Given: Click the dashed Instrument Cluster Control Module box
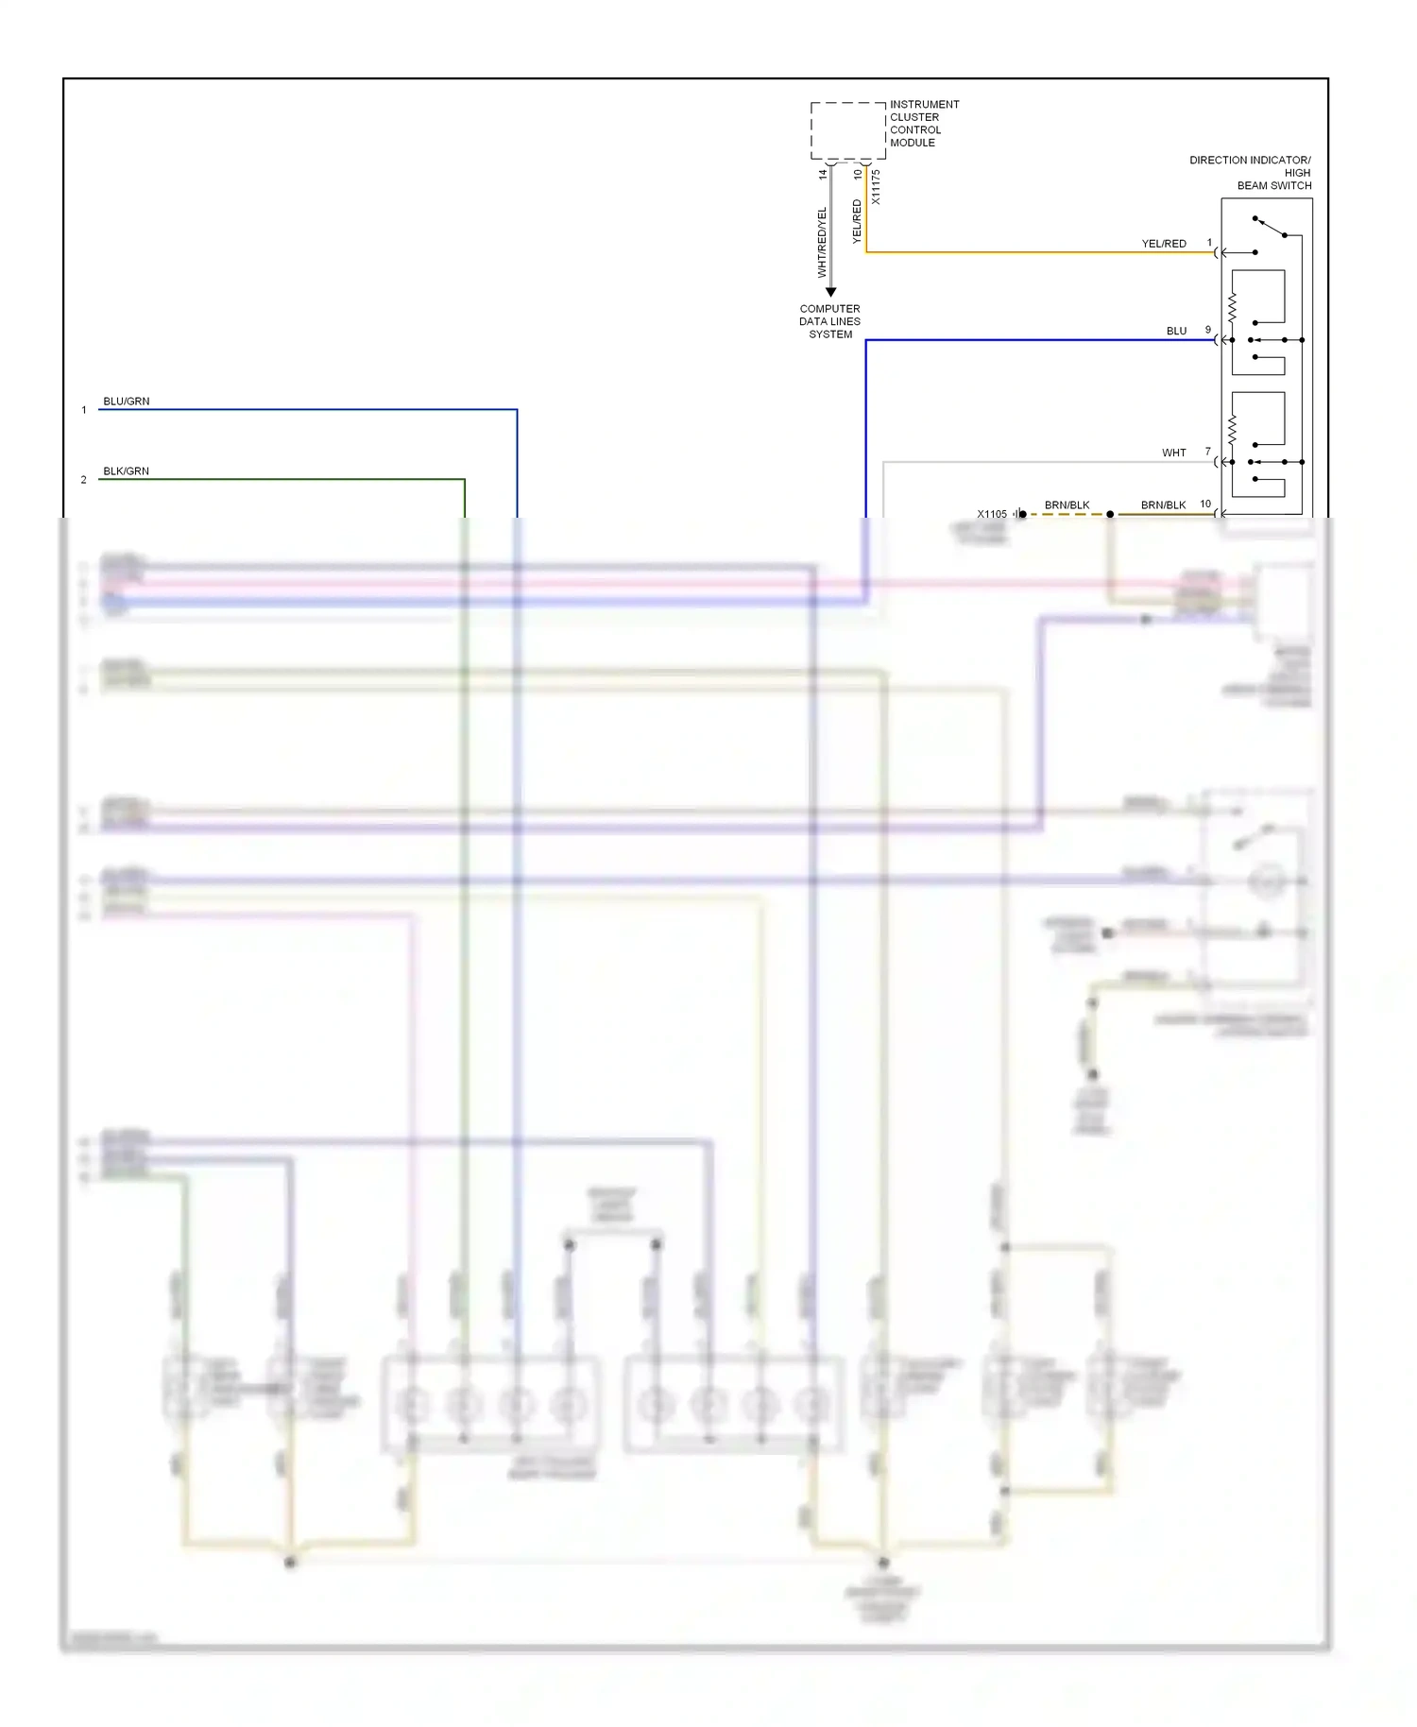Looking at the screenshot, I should point(847,130).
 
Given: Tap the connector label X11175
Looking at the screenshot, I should point(876,187).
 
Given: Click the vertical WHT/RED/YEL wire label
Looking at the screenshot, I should point(822,242).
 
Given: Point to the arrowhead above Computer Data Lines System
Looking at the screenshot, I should point(830,292).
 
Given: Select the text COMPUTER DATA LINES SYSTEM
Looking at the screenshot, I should point(830,321).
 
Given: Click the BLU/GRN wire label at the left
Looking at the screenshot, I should point(126,402).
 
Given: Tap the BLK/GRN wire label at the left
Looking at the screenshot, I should point(126,471).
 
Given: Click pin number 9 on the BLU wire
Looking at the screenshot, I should point(1207,330).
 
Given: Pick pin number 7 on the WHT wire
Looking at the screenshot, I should point(1207,452).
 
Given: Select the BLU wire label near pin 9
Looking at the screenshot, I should point(1176,332).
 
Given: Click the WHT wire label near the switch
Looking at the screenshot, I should point(1173,453).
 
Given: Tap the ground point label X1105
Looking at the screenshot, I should point(992,515).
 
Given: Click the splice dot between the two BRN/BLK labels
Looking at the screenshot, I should point(1110,515).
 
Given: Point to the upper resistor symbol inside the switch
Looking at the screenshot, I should point(1232,308).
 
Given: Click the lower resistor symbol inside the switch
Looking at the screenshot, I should point(1232,430).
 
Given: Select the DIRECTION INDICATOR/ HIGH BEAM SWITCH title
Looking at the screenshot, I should point(1250,173).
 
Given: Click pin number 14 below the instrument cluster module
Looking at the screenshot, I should point(823,174).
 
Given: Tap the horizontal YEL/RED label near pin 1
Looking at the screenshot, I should point(1164,244).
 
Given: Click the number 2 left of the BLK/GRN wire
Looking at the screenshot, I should point(83,480).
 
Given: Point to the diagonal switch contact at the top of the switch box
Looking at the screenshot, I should point(1271,227).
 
